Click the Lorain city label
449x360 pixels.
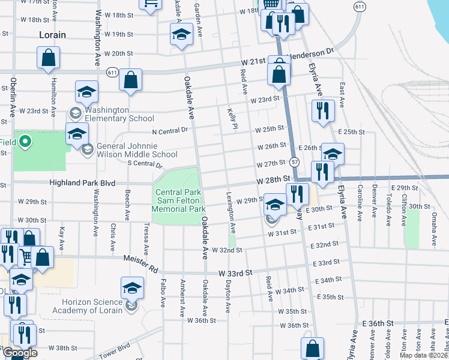52,35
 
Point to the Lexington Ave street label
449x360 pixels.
232,212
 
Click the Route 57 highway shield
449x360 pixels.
294,163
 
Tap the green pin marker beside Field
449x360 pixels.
25,142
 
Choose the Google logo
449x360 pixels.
19,353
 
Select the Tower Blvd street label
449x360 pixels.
115,349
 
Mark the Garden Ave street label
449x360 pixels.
196,8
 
